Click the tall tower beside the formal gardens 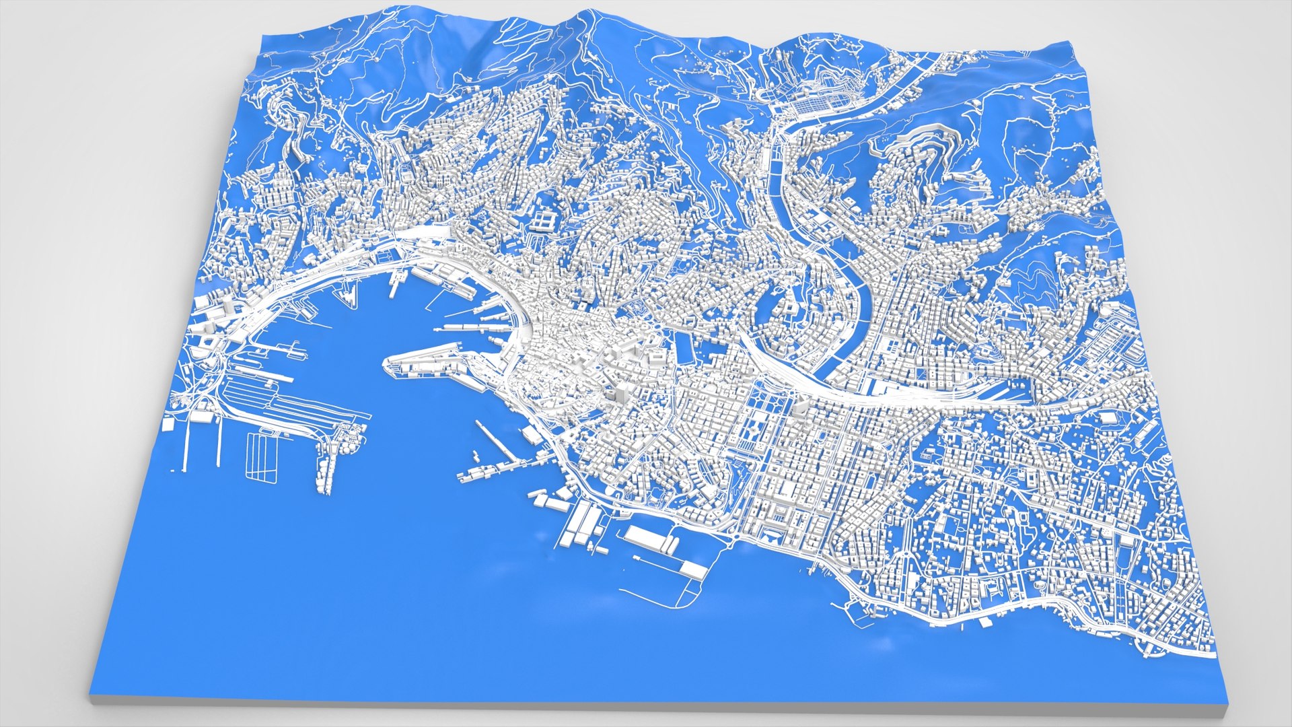801,408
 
